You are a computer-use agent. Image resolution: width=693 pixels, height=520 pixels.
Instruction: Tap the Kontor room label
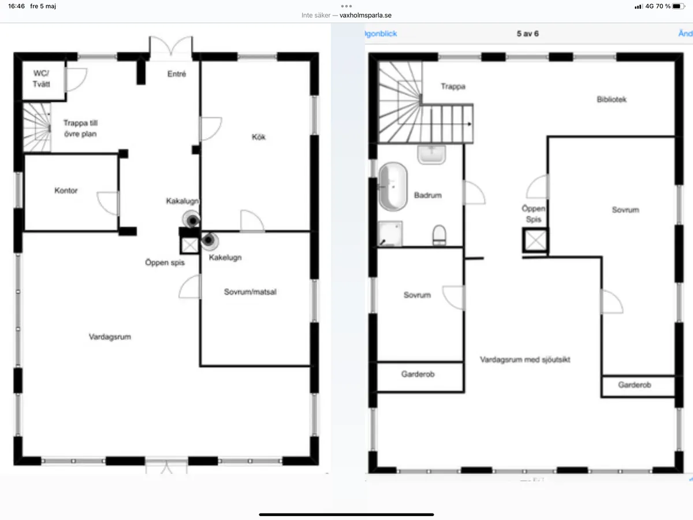(x=66, y=191)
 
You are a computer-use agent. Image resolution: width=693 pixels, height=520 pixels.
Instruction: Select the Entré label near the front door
(x=177, y=74)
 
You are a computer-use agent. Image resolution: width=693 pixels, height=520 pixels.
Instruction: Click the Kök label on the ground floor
(x=258, y=137)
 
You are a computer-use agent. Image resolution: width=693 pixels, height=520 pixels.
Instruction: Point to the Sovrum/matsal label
(x=250, y=292)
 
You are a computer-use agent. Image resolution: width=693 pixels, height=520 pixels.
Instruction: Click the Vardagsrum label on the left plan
(x=110, y=336)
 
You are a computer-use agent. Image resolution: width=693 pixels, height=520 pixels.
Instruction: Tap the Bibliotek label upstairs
(x=612, y=99)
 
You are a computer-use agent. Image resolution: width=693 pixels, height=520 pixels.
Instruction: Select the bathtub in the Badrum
(x=393, y=185)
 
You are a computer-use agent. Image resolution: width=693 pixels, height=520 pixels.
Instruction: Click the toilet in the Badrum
(x=439, y=235)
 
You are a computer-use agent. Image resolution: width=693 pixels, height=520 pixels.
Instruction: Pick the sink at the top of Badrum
(x=431, y=154)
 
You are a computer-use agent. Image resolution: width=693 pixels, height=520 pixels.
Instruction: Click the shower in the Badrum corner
(x=390, y=234)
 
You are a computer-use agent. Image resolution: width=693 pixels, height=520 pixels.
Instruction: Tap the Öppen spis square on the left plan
(x=189, y=245)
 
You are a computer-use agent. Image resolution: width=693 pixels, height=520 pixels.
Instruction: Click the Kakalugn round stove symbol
(x=191, y=219)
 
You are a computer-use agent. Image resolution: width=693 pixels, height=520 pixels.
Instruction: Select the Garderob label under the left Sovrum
(x=418, y=374)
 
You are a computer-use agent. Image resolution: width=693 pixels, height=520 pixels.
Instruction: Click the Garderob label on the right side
(x=635, y=385)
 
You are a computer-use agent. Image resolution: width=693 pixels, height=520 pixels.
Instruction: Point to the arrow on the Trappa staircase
(x=471, y=124)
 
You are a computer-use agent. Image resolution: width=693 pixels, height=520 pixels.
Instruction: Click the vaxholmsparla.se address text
(x=361, y=16)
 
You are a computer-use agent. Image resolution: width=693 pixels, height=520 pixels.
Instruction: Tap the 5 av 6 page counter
(x=527, y=34)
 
